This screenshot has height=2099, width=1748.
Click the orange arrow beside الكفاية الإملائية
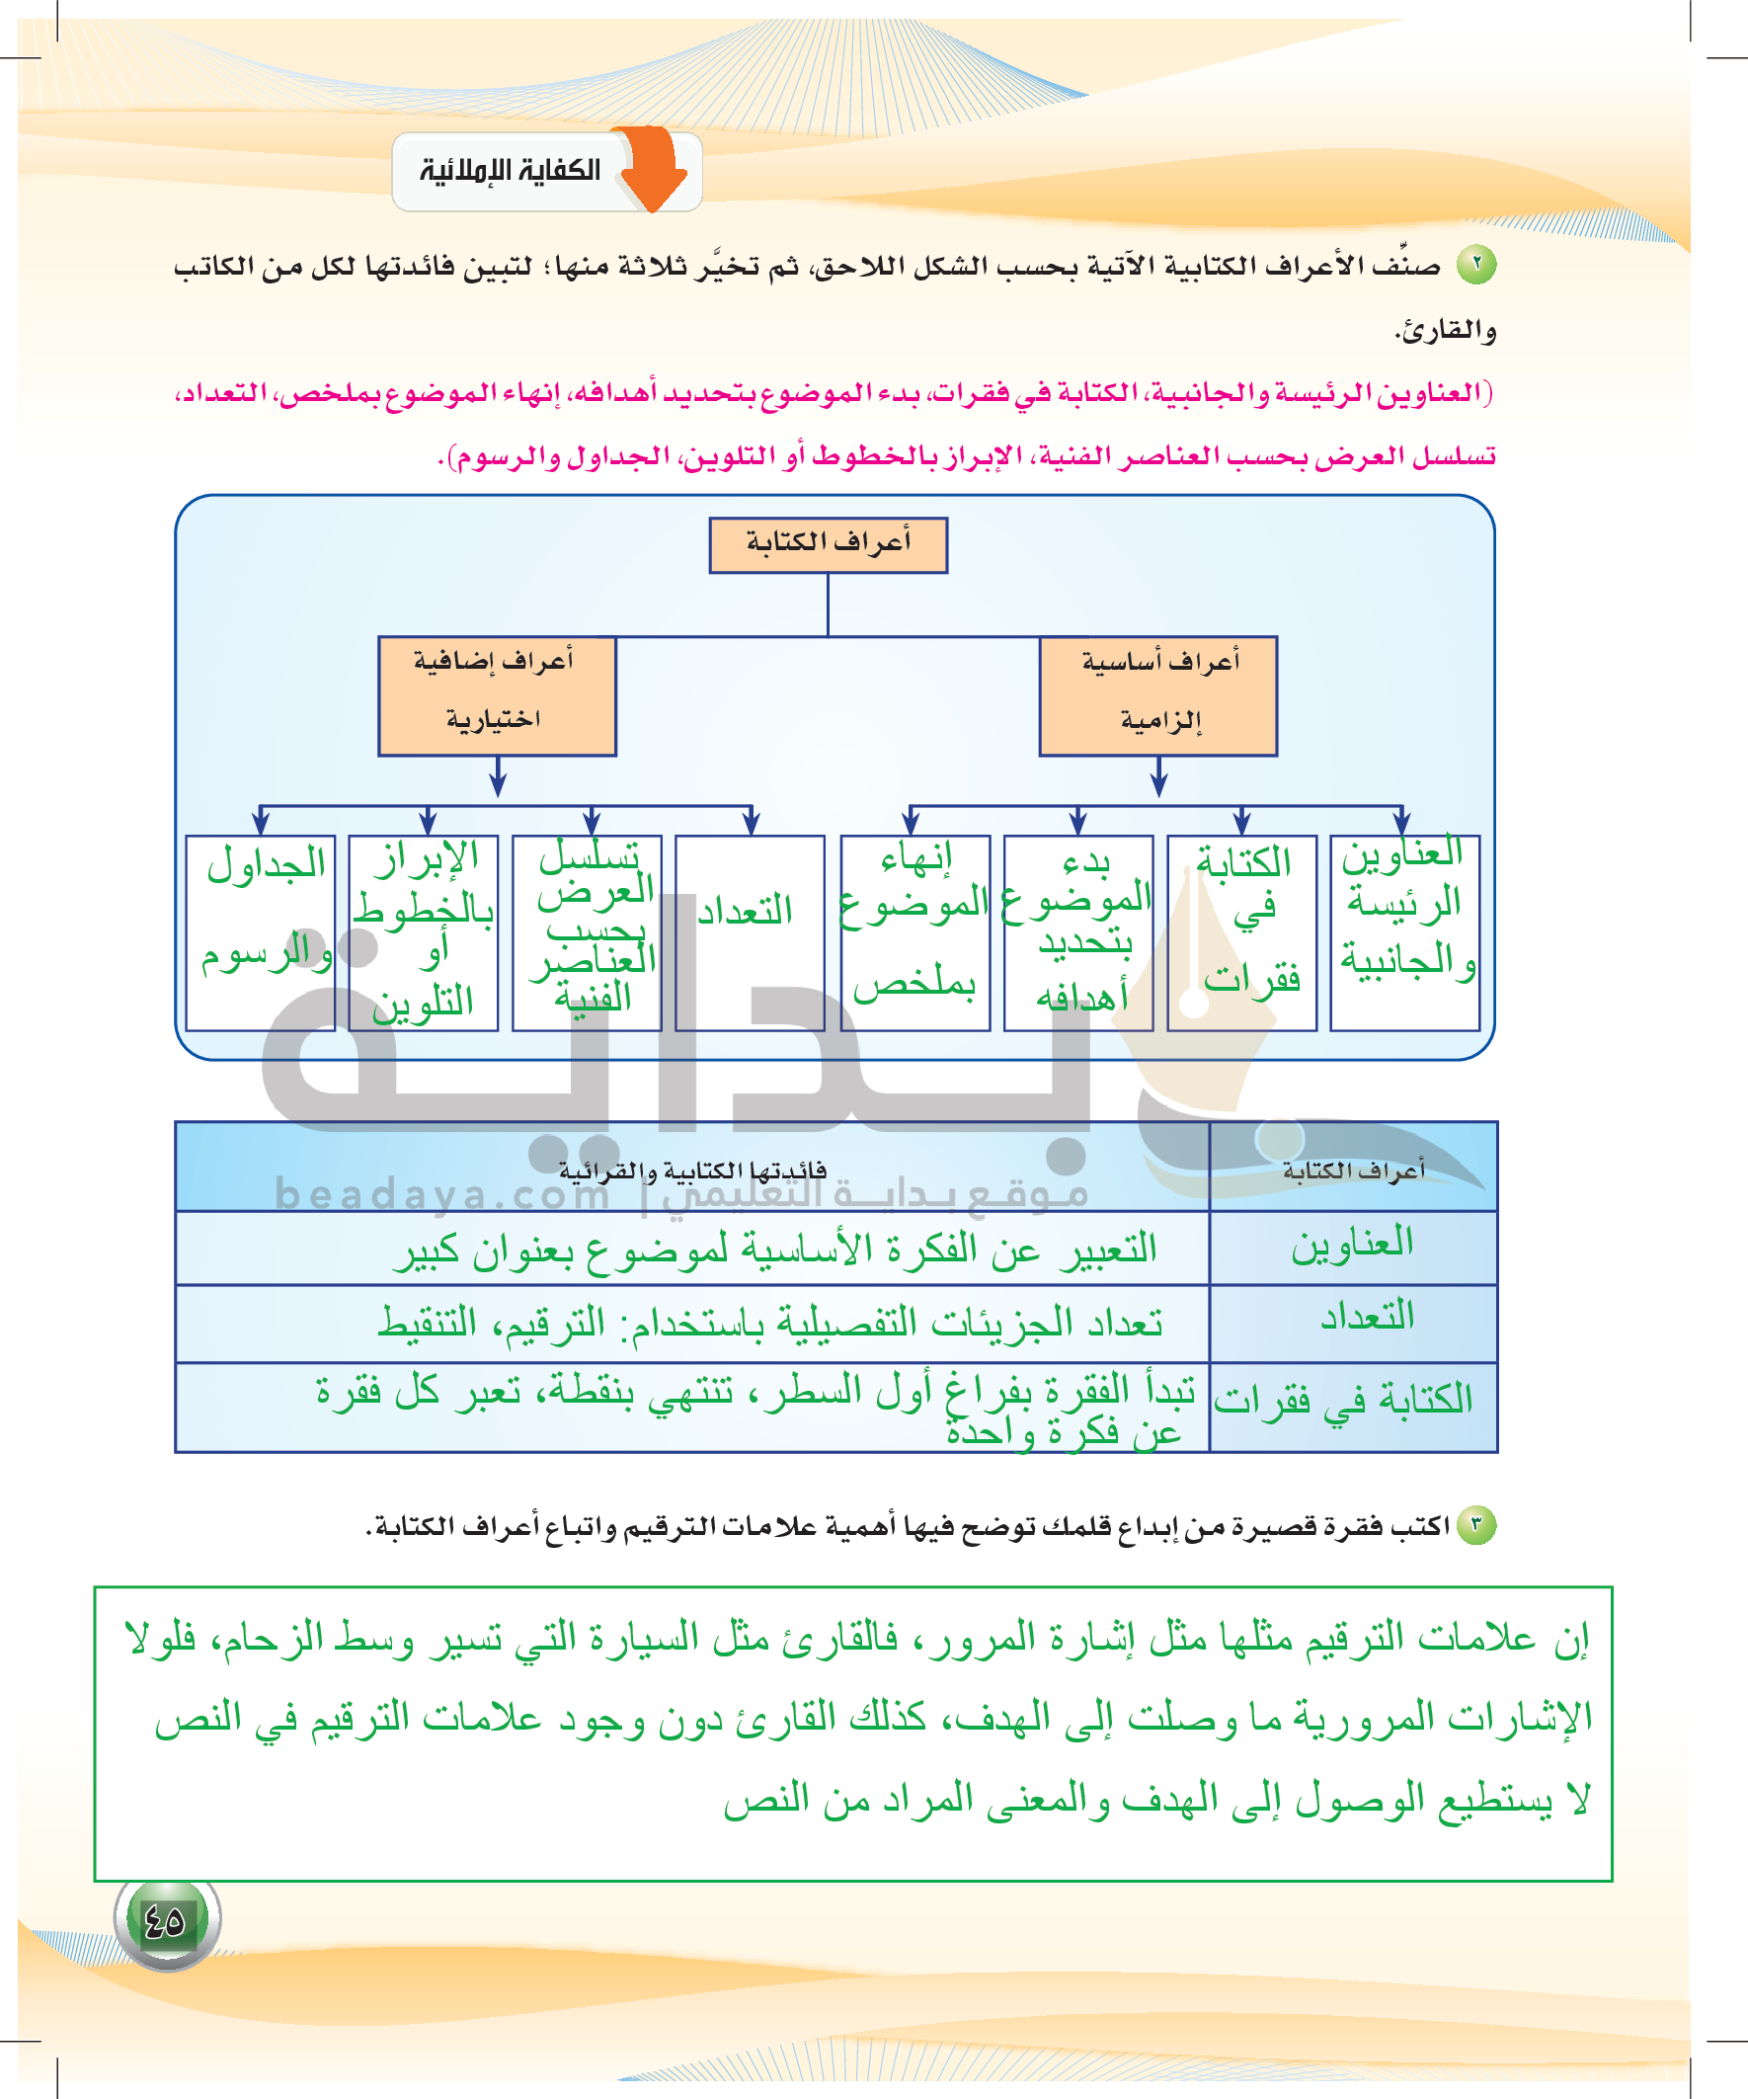click(655, 168)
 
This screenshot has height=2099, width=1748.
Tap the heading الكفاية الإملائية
click(510, 171)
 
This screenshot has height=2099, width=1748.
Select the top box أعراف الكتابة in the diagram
click(828, 544)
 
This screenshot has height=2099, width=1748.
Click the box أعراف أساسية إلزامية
click(1158, 695)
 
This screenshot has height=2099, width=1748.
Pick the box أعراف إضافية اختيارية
click(497, 695)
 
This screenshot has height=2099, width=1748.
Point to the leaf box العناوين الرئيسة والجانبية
click(1404, 931)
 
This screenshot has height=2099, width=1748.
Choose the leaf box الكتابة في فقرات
click(1241, 931)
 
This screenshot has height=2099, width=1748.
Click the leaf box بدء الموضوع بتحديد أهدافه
click(1078, 931)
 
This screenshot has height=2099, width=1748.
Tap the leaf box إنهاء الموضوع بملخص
click(914, 931)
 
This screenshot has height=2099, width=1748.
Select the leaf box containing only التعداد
click(750, 931)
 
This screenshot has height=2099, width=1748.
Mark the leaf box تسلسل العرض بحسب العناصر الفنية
click(587, 931)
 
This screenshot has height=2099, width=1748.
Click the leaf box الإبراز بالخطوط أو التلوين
click(423, 931)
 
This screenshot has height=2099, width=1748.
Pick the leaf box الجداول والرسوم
click(260, 931)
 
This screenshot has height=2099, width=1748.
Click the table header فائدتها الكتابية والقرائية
click(691, 1170)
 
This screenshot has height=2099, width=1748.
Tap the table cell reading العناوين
click(1352, 1246)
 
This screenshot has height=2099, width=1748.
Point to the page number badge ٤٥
click(166, 1920)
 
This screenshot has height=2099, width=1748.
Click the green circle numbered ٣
click(1475, 1526)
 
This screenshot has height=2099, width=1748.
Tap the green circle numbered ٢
click(1475, 265)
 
